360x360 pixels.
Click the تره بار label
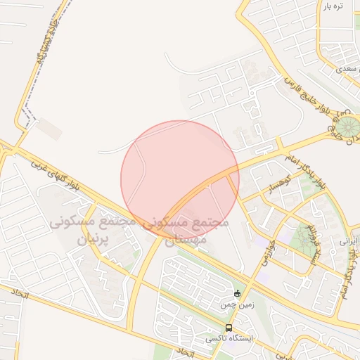[334, 6]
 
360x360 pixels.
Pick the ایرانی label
[349, 240]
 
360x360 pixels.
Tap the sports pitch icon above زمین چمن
[237, 293]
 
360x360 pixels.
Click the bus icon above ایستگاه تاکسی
[229, 328]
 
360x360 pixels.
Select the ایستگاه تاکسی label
[229, 339]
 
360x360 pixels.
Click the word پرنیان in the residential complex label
[89, 238]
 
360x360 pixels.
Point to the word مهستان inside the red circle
[185, 240]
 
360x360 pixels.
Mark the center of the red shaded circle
[180, 179]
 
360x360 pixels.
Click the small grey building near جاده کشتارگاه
[49, 129]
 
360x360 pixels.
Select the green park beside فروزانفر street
[305, 236]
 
